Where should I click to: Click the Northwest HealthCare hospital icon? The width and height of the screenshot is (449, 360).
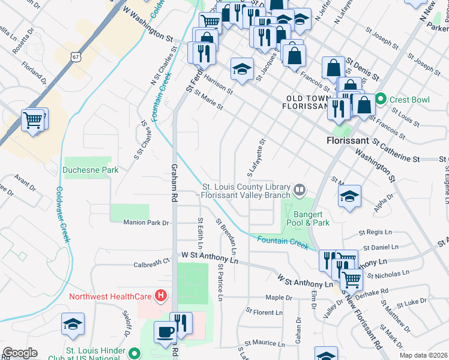coord(160,296)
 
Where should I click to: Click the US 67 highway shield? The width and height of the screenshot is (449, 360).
coord(75,56)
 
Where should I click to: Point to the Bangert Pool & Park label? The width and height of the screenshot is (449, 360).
coord(312,218)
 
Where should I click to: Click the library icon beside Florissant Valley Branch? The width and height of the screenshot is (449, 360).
coord(300,190)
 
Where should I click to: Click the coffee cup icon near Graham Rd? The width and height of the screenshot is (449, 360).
coord(165,332)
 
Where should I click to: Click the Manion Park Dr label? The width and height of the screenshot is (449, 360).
coord(146,223)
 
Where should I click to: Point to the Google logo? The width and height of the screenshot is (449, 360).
coord(20,353)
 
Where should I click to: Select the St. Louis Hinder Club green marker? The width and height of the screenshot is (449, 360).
coord(137,354)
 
